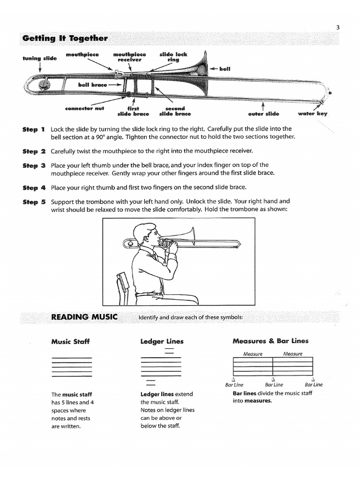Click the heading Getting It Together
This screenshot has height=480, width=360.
tap(65, 38)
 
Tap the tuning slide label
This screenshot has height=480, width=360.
tap(39, 59)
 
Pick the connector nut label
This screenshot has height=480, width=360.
tap(85, 108)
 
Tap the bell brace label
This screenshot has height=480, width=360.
tap(92, 85)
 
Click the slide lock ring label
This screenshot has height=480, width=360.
tap(173, 57)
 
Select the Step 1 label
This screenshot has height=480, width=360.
tap(34, 129)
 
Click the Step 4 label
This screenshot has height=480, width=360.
tap(34, 188)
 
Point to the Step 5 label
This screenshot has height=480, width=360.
tap(34, 202)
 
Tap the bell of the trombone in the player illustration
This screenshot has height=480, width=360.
tap(190, 237)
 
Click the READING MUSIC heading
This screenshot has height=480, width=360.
tap(84, 317)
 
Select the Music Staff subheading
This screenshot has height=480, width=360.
tap(70, 342)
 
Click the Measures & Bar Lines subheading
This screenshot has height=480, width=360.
tap(270, 341)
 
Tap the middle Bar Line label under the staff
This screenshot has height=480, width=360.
tap(274, 385)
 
